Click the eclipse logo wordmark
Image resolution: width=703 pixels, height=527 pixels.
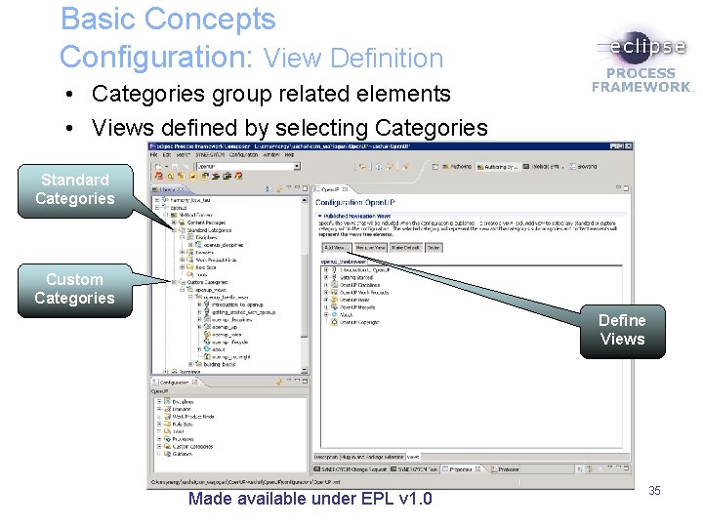(641, 46)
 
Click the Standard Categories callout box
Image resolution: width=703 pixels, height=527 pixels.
(74, 189)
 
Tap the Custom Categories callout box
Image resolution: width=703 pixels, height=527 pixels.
(74, 289)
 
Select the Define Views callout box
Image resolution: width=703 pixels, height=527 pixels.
(622, 330)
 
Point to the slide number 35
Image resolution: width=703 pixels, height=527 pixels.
(654, 491)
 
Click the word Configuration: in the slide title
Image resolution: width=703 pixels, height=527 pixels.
(155, 58)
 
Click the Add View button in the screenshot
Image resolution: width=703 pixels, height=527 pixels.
(333, 249)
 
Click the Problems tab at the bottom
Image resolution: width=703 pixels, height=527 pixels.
(509, 469)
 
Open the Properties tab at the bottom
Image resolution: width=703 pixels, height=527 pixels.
(460, 469)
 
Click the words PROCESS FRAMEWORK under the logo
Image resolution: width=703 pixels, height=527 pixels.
(641, 80)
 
